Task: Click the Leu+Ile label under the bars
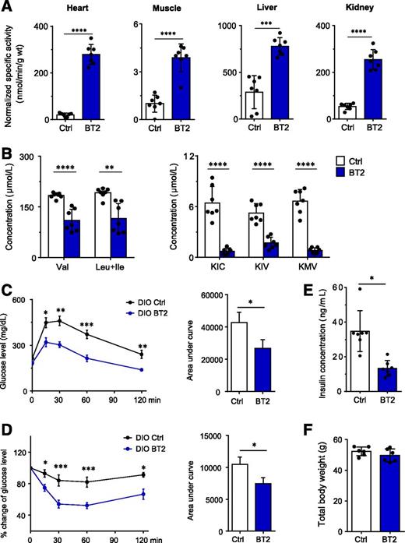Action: pyautogui.click(x=111, y=272)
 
